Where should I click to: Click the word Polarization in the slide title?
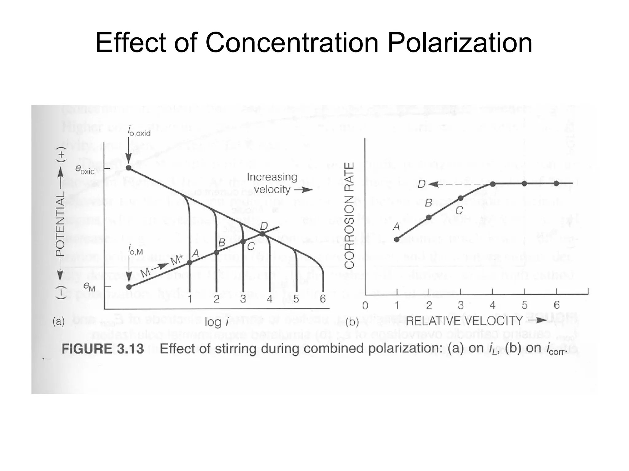459,43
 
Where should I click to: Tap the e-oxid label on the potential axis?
85,170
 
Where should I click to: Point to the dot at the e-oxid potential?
129,168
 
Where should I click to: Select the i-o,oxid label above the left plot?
139,132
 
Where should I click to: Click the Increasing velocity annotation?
272,183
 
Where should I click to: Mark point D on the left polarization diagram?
262,234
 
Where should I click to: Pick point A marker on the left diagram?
189,262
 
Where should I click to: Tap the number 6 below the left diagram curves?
322,299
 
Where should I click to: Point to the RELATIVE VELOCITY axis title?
464,321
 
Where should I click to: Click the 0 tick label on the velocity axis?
365,306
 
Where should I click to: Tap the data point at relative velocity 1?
397,239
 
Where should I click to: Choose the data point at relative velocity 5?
525,184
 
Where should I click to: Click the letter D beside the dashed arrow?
422,184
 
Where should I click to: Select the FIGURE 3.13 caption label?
103,349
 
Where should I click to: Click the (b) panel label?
352,322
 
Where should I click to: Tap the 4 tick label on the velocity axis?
493,305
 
